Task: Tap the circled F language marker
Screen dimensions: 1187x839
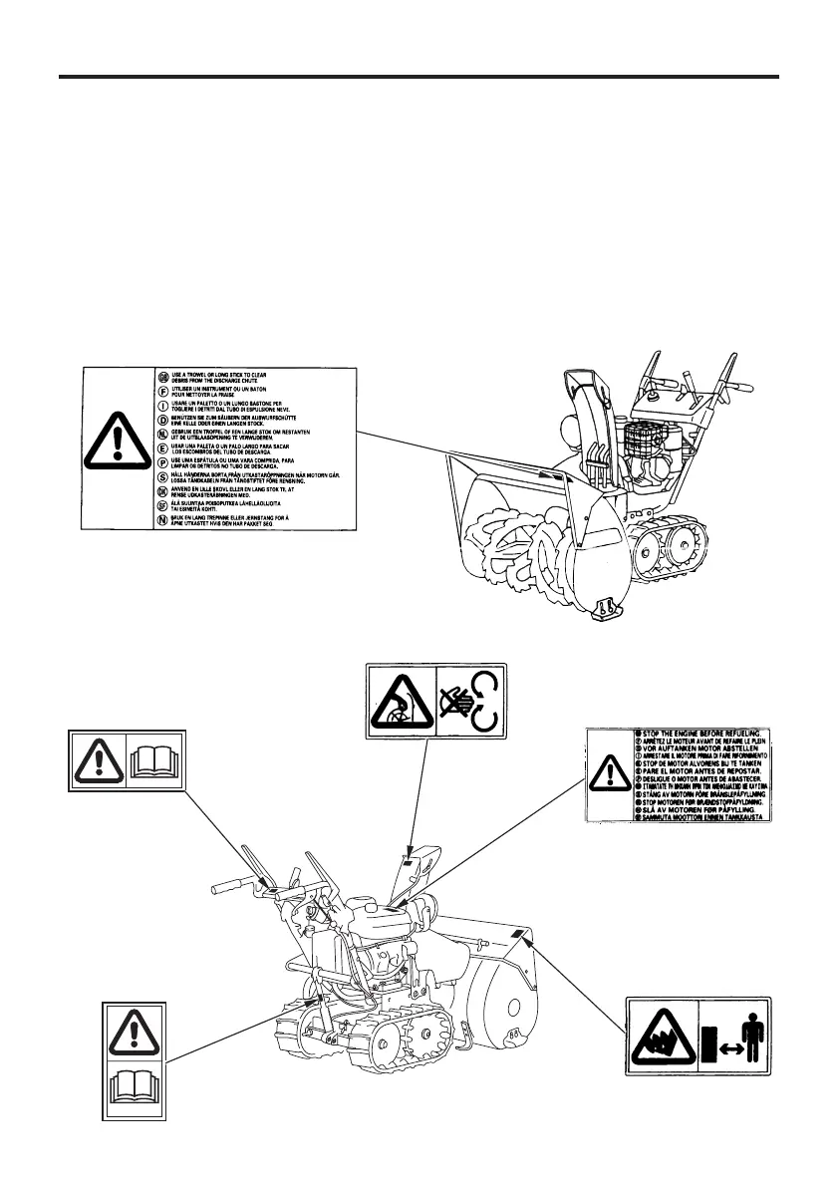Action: (x=163, y=391)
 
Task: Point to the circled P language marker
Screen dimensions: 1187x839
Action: (x=163, y=463)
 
